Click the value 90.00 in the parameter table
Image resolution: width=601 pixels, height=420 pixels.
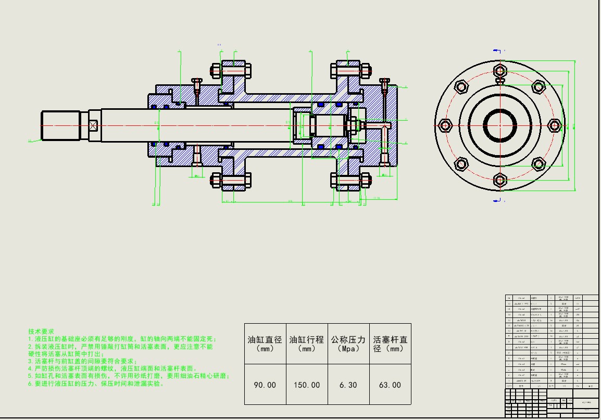coord(265,385)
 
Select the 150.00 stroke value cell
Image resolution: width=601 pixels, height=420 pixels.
coord(307,385)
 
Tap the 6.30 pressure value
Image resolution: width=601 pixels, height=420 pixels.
coord(348,385)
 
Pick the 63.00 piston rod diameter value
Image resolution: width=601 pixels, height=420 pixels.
coord(390,385)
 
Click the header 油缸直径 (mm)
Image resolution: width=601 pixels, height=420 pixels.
coord(265,343)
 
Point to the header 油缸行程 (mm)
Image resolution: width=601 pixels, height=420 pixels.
coord(307,343)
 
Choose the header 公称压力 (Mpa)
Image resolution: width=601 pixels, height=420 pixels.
coord(348,343)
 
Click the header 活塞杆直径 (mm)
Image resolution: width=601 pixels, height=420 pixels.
coord(390,343)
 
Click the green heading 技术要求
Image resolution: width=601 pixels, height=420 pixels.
coord(41,331)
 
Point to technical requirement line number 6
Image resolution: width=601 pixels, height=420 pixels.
coord(96,384)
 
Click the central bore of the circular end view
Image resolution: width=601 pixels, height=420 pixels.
coord(500,125)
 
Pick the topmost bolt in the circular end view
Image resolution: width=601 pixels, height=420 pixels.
coord(500,70)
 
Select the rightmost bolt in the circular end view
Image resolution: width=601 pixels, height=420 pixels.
coord(555,125)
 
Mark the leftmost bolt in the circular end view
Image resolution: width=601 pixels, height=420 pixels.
coord(445,125)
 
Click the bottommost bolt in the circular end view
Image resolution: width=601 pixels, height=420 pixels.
coord(500,181)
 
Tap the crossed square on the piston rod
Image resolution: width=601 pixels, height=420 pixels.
coord(93,125)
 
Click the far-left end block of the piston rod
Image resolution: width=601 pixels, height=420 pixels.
coord(60,125)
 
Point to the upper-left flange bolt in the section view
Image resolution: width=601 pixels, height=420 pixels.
coord(231,69)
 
